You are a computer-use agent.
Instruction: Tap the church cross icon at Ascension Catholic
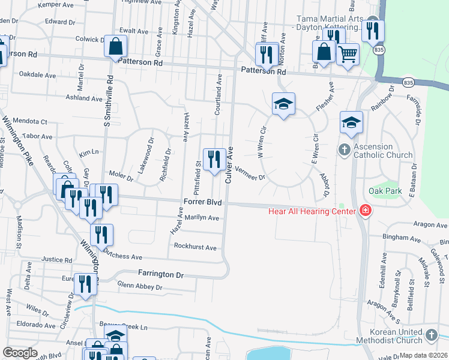pyautogui.click(x=344, y=149)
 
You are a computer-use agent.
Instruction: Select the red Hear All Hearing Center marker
pyautogui.click(x=364, y=210)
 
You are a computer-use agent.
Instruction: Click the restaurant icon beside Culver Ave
pyautogui.click(x=214, y=160)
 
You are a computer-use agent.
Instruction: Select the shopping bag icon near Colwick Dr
pyautogui.click(x=115, y=46)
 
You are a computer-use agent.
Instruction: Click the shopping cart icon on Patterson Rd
pyautogui.click(x=348, y=55)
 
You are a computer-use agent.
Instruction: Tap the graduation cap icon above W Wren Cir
pyautogui.click(x=283, y=104)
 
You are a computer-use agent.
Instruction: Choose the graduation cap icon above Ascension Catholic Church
pyautogui.click(x=351, y=123)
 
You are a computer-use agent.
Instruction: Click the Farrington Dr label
pyautogui.click(x=160, y=274)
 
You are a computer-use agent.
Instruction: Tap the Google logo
pyautogui.click(x=20, y=353)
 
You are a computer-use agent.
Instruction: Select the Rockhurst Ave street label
pyautogui.click(x=195, y=247)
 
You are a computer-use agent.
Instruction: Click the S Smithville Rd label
pyautogui.click(x=109, y=101)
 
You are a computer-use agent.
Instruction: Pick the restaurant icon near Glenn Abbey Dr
pyautogui.click(x=85, y=284)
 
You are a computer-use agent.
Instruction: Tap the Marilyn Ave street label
pyautogui.click(x=202, y=218)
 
